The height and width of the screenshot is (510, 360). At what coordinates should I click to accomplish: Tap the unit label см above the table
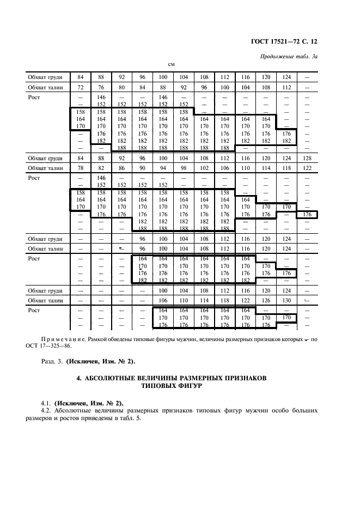(170, 65)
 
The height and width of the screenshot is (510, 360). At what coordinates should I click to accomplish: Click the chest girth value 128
(307, 158)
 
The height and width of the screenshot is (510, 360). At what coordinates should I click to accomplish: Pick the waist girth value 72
(81, 87)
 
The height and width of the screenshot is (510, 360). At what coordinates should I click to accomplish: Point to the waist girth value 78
(81, 168)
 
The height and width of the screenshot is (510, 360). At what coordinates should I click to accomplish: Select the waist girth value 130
(287, 300)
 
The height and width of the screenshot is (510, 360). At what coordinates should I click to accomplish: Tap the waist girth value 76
(101, 87)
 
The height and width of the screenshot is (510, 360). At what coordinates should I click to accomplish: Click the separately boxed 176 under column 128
(307, 215)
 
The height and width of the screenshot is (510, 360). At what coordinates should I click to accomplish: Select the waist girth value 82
(101, 168)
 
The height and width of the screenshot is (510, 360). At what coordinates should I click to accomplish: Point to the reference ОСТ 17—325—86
(52, 345)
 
